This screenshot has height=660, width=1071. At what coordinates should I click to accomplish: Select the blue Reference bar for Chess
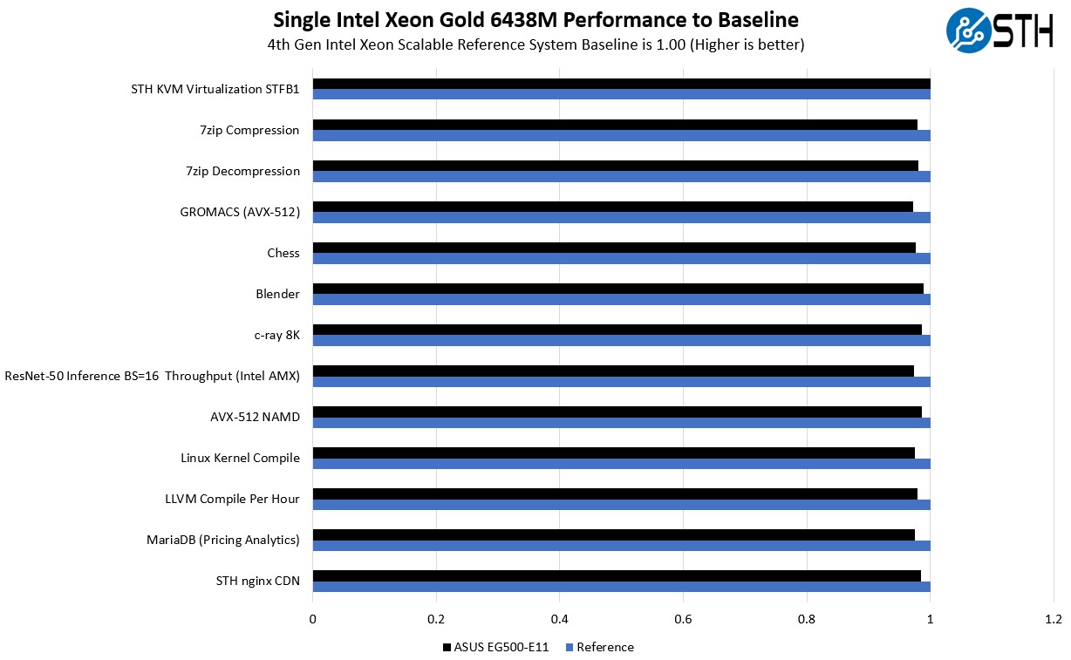(x=621, y=259)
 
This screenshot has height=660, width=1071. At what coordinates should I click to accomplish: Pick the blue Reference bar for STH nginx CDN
(x=621, y=587)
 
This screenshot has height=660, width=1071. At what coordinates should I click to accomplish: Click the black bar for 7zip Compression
(x=615, y=125)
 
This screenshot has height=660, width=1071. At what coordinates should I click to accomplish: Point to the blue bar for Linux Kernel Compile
(x=621, y=464)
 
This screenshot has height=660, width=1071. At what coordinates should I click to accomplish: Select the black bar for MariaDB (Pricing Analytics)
(x=613, y=534)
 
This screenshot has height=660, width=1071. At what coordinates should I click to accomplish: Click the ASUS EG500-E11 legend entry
(x=495, y=647)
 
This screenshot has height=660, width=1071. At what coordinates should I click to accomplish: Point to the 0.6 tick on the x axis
(x=683, y=620)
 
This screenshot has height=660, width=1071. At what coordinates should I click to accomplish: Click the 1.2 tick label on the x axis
(x=1053, y=620)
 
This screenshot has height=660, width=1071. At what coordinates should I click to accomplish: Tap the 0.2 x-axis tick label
(x=436, y=620)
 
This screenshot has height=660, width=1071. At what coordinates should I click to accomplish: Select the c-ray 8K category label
(x=276, y=335)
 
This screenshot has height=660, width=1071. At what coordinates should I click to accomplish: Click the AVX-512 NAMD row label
(x=255, y=417)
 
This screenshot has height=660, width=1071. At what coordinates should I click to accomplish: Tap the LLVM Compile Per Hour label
(x=232, y=499)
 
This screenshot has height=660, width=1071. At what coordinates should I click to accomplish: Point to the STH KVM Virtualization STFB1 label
(x=215, y=89)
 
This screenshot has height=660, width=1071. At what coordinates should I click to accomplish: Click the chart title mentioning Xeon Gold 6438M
(x=535, y=19)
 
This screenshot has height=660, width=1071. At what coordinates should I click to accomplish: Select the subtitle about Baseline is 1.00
(x=535, y=44)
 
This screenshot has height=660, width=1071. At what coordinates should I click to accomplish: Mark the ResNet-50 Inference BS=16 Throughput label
(x=152, y=376)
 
